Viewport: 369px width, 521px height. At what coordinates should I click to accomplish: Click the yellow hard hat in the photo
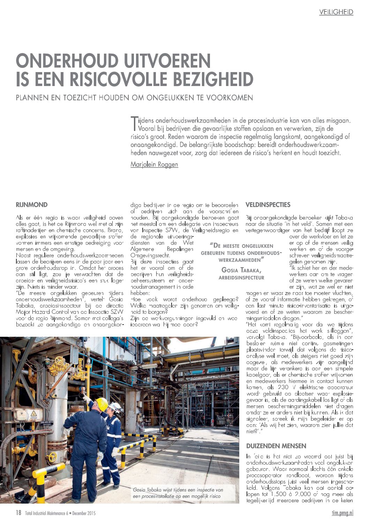point(101,404)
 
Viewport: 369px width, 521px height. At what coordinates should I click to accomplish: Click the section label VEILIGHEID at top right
point(336,12)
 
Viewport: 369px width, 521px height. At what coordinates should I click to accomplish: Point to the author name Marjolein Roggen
point(154,164)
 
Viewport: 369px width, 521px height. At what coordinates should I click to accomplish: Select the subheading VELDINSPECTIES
point(268,204)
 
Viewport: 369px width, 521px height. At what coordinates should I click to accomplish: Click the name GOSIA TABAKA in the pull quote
point(241,270)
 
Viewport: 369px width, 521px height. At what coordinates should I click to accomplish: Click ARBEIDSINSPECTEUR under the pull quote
point(241,278)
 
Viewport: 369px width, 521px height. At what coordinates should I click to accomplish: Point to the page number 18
point(18,513)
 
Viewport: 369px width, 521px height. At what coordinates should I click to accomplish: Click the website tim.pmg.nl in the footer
point(342,513)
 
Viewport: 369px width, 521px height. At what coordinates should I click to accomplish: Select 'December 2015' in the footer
point(84,513)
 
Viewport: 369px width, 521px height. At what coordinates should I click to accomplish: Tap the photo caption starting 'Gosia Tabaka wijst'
point(178,492)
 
